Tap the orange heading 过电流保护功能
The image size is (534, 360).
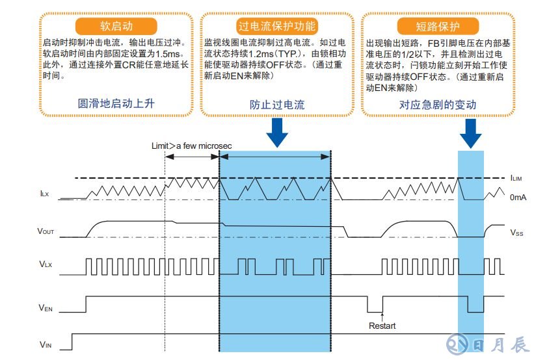(277, 27)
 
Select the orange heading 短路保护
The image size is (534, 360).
(438, 27)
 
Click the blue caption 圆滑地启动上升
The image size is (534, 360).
(116, 104)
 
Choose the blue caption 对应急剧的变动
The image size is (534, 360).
(438, 105)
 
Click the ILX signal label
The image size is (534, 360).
(44, 193)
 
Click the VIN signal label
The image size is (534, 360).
(44, 344)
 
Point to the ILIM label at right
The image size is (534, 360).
(516, 177)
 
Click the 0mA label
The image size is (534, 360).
(518, 197)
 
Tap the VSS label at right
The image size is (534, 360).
(516, 232)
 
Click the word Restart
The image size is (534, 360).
(382, 326)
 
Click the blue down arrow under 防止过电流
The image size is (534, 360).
(277, 132)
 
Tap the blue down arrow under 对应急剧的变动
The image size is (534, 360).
(471, 132)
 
